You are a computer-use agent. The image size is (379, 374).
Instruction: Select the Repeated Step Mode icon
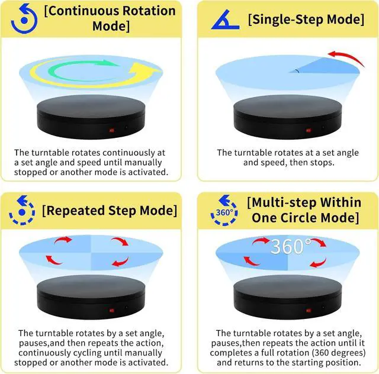[21, 210]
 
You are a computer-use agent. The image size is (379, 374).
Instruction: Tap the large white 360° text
[291, 246]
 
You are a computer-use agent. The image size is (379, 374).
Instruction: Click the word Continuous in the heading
[79, 11]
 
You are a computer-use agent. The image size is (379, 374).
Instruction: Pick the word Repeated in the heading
[73, 210]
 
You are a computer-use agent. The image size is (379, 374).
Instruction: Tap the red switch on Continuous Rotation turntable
[111, 130]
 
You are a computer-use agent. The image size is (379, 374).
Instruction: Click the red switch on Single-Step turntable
[308, 130]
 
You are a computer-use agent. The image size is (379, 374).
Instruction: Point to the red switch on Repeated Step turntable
[111, 309]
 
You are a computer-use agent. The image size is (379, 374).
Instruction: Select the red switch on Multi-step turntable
[308, 309]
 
